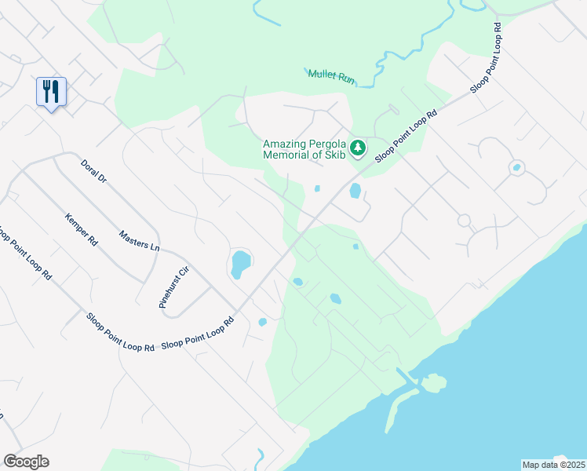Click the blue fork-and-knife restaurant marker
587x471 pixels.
[51, 92]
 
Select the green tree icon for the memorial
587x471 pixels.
[358, 147]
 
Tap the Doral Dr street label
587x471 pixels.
[93, 171]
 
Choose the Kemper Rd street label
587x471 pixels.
[81, 231]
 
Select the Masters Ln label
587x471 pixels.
[139, 239]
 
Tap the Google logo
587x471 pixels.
[26, 462]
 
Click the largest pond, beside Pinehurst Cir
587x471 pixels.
[240, 265]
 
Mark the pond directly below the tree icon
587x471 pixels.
[355, 191]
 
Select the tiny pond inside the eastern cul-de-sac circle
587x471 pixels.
[516, 167]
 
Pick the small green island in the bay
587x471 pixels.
[434, 384]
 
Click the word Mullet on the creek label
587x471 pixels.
[322, 74]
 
